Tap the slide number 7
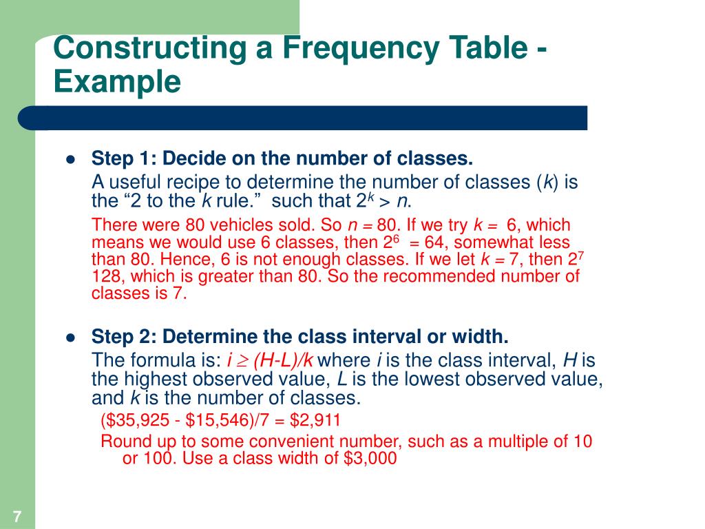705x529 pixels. coord(17,516)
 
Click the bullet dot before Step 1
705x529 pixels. coord(70,160)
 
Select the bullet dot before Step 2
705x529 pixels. coord(70,338)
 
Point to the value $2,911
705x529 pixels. coord(315,420)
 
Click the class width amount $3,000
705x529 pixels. coord(370,459)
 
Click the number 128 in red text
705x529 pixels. coord(105,276)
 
